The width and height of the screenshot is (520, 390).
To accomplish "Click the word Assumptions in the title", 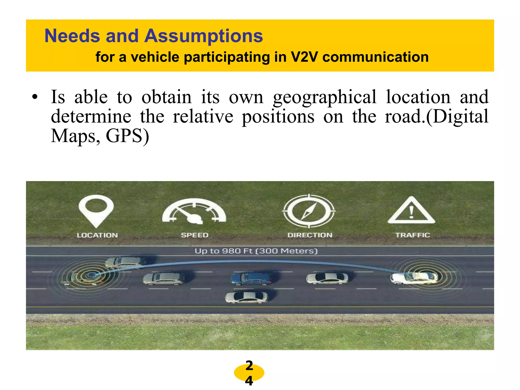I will coord(204,36).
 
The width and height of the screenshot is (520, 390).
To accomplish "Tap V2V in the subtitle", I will coord(304,57).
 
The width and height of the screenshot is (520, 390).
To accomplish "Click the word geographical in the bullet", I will coord(325,97).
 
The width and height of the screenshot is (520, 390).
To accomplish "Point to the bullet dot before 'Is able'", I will coord(35,97).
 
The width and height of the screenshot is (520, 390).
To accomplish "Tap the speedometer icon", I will coord(194,211).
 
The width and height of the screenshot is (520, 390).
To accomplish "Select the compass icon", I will coord(309,211).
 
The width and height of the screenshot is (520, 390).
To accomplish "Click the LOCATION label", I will coord(97,235).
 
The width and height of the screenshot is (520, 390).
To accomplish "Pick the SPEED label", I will coord(194,235).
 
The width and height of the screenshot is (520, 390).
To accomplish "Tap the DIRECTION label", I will coord(310,235).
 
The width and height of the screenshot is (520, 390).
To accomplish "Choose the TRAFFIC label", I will coord(413,235).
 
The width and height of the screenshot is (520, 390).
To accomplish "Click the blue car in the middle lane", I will coord(251,279).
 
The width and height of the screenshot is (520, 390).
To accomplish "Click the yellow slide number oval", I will coord(249,373).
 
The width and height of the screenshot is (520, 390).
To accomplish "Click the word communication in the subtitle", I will coord(375,57).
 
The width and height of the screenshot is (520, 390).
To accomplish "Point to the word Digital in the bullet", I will coord(461,117).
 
